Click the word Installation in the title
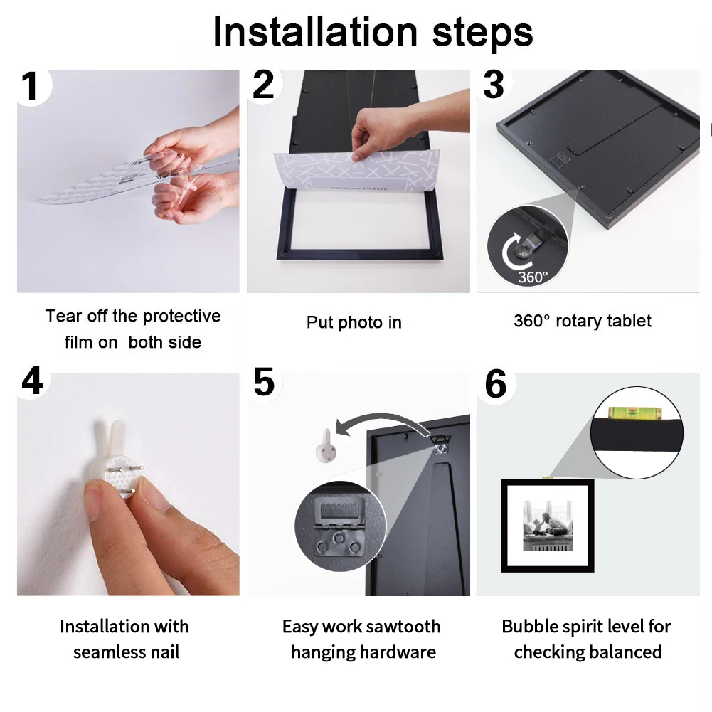click(315, 32)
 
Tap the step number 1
click(30, 86)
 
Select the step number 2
click(263, 85)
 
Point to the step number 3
click(494, 85)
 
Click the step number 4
click(32, 381)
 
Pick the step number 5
click(264, 381)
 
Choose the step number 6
click(495, 384)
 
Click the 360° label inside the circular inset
click(533, 277)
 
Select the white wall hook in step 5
click(326, 447)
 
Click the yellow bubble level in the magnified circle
click(634, 413)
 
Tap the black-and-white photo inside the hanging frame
click(548, 526)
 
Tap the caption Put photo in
click(354, 322)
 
